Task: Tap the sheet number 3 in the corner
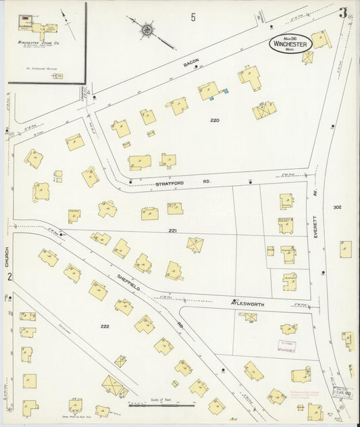(x=344, y=12)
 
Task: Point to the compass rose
(x=147, y=29)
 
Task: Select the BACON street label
(x=191, y=64)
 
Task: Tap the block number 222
(x=105, y=326)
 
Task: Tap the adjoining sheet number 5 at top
(x=193, y=17)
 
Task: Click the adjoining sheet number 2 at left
(x=9, y=276)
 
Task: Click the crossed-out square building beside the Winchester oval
(x=308, y=57)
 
